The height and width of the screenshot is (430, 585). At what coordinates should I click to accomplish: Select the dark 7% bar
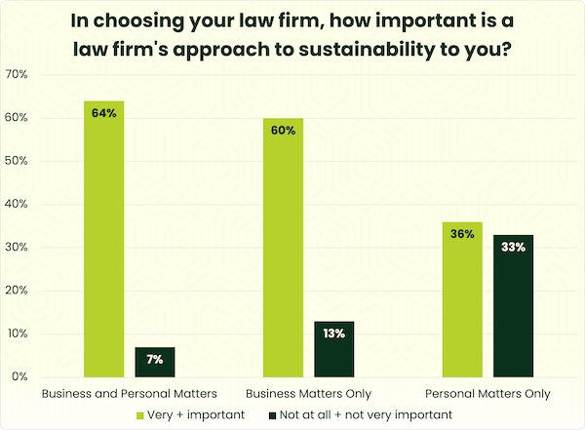[x=155, y=362]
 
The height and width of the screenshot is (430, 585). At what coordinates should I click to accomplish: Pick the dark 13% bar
[x=334, y=349]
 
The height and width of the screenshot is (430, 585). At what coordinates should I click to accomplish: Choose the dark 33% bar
[x=513, y=306]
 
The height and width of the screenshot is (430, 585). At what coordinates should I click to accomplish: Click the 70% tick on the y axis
[x=17, y=75]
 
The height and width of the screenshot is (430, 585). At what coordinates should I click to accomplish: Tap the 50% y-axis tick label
[x=17, y=161]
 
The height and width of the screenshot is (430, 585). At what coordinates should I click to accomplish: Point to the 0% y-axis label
[x=19, y=377]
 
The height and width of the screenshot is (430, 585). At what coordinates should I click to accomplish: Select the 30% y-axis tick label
[x=17, y=248]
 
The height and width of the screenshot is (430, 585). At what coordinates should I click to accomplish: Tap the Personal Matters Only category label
[x=487, y=394]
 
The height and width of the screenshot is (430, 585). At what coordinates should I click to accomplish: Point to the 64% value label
[x=104, y=113]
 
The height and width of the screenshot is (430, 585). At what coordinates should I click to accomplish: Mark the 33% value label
[x=513, y=248]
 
